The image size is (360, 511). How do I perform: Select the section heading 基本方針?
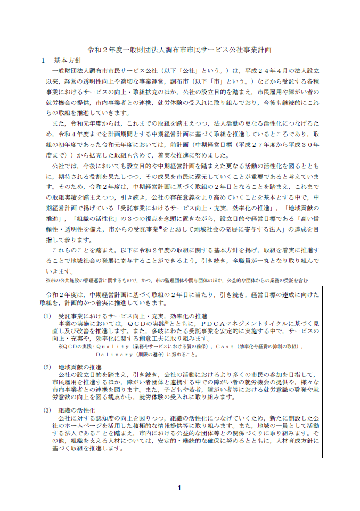[68, 60]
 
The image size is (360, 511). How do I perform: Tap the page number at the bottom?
[179, 488]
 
